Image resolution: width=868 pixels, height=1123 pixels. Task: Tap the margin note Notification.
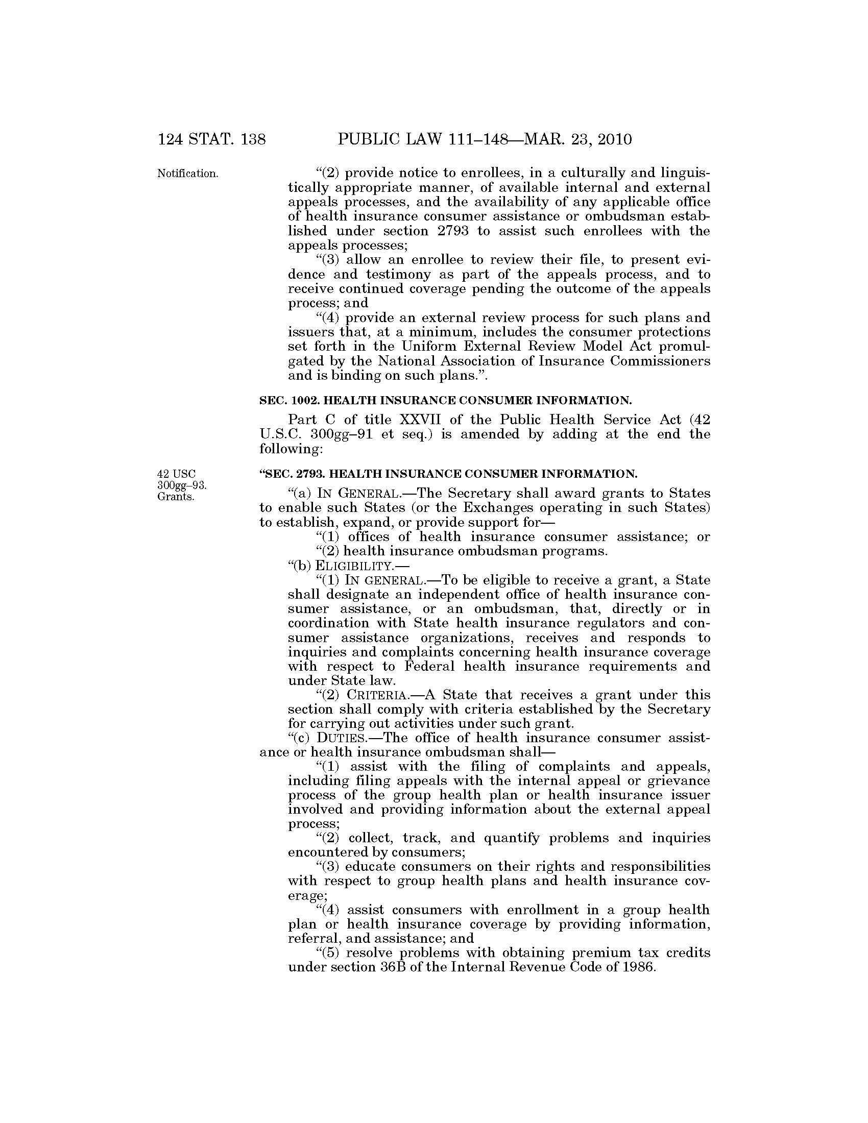(x=188, y=174)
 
